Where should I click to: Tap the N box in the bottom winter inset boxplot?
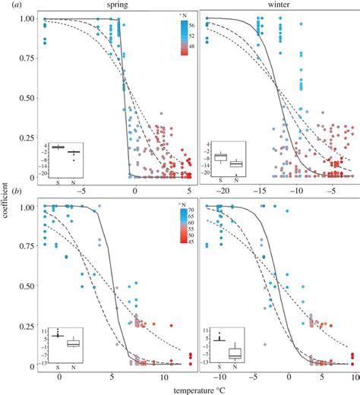(x=236, y=351)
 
